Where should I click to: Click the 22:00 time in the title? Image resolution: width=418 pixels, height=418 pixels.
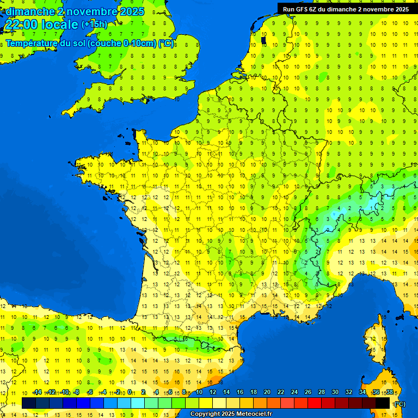[x=21, y=24]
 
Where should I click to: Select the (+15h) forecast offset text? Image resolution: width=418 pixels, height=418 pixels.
[x=94, y=24]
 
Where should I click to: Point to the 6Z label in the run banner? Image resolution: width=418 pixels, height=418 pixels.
[x=315, y=9]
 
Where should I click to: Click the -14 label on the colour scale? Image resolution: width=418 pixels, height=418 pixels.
[x=37, y=392]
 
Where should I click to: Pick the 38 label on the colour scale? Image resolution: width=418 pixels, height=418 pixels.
[x=390, y=392]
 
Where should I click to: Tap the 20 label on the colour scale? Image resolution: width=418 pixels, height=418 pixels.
[x=267, y=392]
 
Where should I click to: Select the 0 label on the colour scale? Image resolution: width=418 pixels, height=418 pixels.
[x=130, y=392]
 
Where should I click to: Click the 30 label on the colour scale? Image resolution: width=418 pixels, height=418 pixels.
[x=335, y=392]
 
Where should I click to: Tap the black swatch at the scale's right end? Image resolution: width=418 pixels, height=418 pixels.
[x=383, y=403]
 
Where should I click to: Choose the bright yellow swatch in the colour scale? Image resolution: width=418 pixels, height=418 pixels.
[x=206, y=403]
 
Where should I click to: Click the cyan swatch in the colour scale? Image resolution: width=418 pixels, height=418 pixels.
[x=138, y=403]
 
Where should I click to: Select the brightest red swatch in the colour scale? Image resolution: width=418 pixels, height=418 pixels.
[x=315, y=403]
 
